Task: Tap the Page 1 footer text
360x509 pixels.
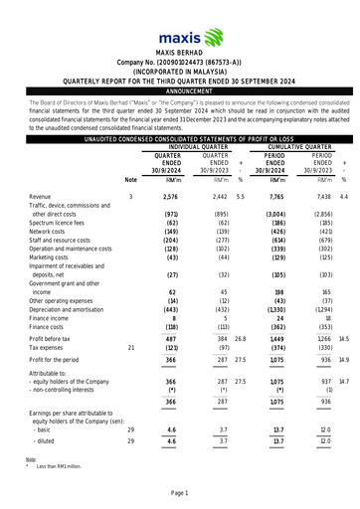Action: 179,495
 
